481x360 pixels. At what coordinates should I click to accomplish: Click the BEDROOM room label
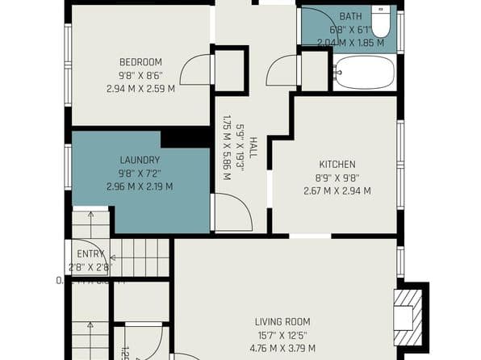tap(140, 62)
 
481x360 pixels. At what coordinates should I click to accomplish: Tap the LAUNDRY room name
tap(140, 160)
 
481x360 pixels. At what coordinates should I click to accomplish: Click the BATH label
tap(350, 16)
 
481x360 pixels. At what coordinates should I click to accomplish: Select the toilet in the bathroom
tap(381, 20)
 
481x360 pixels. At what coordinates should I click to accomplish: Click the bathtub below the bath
tap(364, 73)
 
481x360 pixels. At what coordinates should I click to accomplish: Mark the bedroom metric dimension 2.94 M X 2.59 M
tap(140, 89)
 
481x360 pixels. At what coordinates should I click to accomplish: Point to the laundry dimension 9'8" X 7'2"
tap(140, 174)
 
